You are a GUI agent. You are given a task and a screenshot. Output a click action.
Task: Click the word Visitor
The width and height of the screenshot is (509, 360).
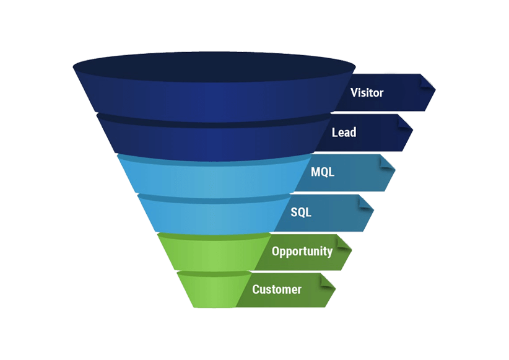367,93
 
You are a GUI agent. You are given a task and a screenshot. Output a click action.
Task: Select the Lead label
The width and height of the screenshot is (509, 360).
344,132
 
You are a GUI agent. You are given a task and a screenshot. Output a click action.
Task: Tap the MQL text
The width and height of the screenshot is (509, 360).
323,172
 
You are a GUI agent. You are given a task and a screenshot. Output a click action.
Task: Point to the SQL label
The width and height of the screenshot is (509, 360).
301,212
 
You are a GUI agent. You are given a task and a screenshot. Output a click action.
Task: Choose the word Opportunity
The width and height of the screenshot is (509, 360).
302,251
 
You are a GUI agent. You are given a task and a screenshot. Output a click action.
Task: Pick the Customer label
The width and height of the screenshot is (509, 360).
277,289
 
